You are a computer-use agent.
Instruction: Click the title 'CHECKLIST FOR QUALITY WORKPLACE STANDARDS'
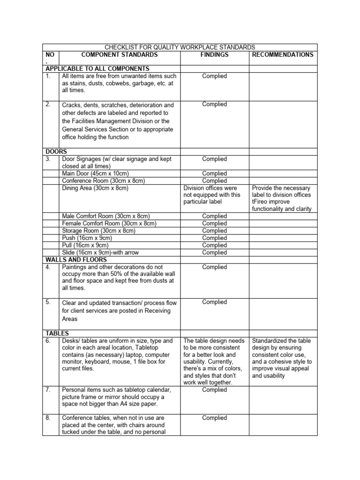(180, 47)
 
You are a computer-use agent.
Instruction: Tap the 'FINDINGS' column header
(214, 55)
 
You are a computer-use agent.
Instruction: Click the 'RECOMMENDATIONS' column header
(283, 55)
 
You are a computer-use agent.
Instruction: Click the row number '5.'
(48, 302)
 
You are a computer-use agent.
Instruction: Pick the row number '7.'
(48, 390)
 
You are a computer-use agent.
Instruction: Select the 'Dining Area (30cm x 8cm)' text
(95, 188)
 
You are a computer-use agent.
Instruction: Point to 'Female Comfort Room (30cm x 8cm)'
(109, 224)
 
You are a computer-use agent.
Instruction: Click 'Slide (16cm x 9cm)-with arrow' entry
(100, 253)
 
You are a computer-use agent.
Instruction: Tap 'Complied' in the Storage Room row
(214, 231)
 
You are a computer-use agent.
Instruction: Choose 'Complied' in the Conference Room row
(214, 180)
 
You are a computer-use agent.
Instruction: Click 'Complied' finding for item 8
(214, 418)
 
